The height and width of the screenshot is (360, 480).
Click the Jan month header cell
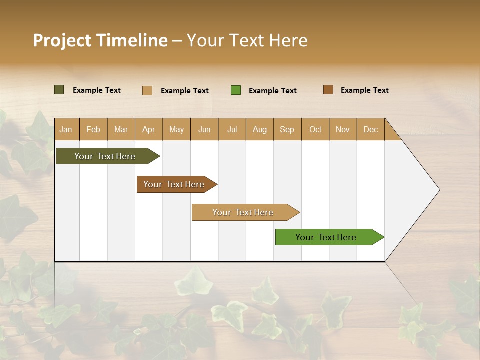pyautogui.click(x=66, y=129)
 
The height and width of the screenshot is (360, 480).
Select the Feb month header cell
pyautogui.click(x=93, y=129)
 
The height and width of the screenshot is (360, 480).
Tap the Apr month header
pyautogui.click(x=149, y=129)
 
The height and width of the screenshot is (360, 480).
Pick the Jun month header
pyautogui.click(x=204, y=129)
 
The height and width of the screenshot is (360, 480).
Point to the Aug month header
pyautogui.click(x=260, y=129)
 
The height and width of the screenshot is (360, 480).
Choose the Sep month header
pyautogui.click(x=287, y=129)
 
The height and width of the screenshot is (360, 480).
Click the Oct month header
pyautogui.click(x=315, y=129)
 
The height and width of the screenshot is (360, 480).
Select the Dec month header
pyautogui.click(x=371, y=129)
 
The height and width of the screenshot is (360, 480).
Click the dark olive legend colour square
pyautogui.click(x=59, y=90)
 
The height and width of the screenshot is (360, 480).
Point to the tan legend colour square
pyautogui.click(x=147, y=90)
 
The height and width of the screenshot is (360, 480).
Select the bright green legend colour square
pyautogui.click(x=236, y=90)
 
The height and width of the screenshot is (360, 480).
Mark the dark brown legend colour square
pyautogui.click(x=328, y=90)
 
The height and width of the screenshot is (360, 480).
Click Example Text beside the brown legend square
pyautogui.click(x=364, y=90)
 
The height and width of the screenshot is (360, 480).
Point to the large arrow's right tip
pyautogui.click(x=438, y=190)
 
